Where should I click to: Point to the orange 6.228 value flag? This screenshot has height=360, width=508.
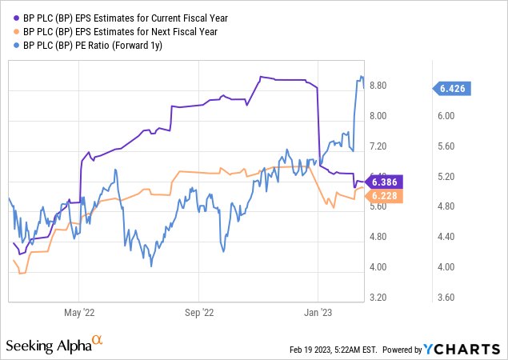[x=384, y=196]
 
